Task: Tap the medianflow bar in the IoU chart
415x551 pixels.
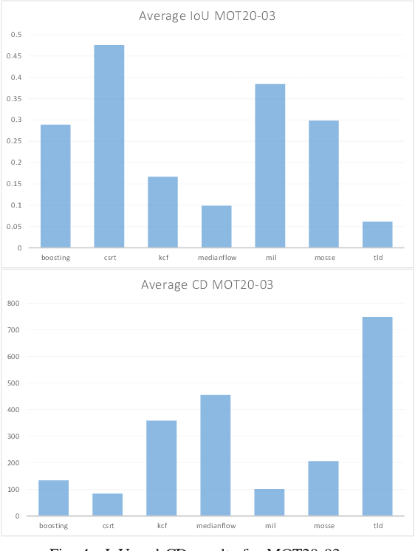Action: [x=216, y=227]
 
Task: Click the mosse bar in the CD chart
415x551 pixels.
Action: [x=323, y=488]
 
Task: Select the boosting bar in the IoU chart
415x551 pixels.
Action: [x=55, y=186]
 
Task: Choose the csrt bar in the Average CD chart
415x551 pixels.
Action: [x=108, y=504]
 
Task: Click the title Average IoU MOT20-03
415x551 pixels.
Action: [x=207, y=16]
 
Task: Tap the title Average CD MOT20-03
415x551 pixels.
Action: [x=207, y=284]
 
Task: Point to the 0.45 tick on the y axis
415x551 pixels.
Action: [x=15, y=55]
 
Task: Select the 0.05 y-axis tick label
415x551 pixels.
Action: [x=15, y=226]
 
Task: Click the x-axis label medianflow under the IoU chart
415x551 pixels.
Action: [x=216, y=258]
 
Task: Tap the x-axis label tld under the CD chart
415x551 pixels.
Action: [x=377, y=526]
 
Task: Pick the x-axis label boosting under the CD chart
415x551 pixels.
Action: [x=54, y=526]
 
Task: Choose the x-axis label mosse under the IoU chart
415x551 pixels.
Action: [x=324, y=258]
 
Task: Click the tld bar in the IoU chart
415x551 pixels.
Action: [x=378, y=234]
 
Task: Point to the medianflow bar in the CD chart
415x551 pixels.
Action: [x=216, y=455]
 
